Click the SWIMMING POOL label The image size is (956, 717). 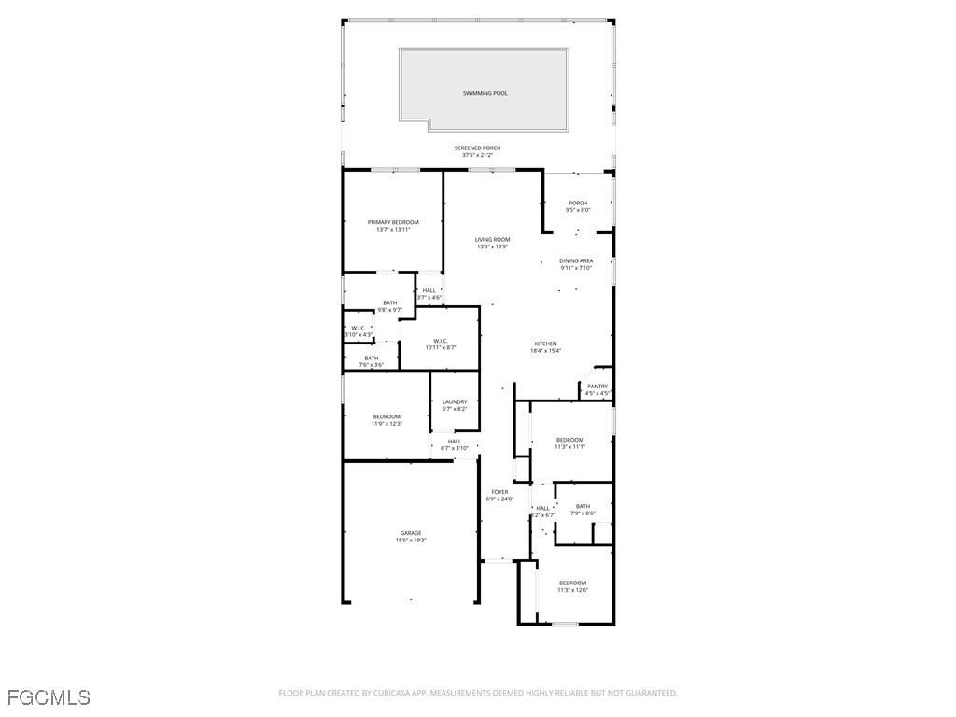click(x=485, y=93)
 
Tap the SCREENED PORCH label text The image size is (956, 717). click(x=477, y=148)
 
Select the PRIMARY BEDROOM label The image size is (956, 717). click(x=393, y=222)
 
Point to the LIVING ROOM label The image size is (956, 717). click(x=492, y=240)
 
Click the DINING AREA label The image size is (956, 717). click(x=576, y=261)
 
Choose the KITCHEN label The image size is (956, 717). click(x=545, y=344)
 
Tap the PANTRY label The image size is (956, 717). click(x=597, y=387)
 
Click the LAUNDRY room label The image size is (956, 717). click(x=455, y=402)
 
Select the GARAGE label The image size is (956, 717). click(x=411, y=533)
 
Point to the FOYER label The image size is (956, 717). click(x=500, y=492)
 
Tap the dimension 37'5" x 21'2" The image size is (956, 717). click(x=477, y=155)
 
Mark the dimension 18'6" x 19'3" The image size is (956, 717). click(x=411, y=541)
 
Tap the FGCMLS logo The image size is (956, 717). click(x=49, y=696)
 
